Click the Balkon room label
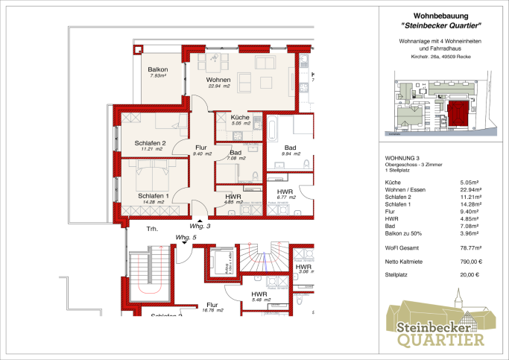click(158, 72)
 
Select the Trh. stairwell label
click(152, 230)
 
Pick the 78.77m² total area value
click(470, 247)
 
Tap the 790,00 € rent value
click(470, 261)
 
